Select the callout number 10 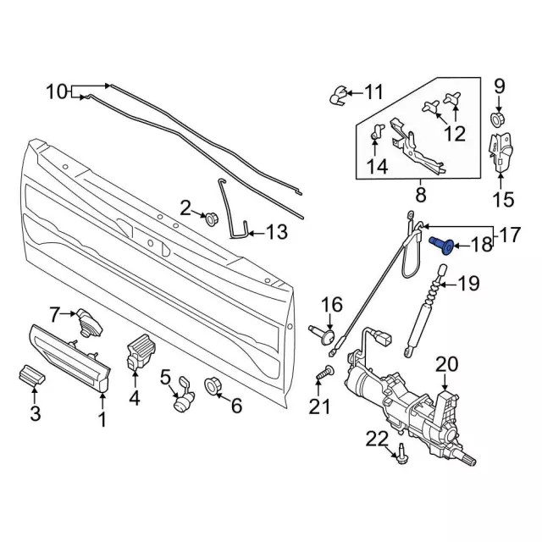[55, 91]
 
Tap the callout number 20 [446, 366]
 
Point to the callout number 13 [277, 231]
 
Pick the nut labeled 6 [213, 385]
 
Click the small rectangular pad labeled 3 [30, 375]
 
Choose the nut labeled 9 [499, 119]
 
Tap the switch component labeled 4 [135, 353]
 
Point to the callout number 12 [455, 134]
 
